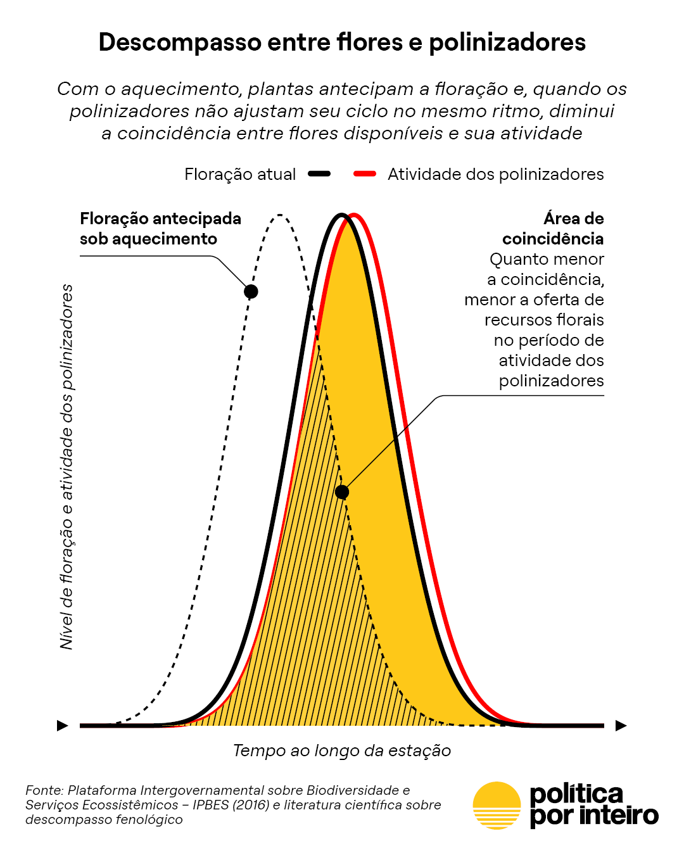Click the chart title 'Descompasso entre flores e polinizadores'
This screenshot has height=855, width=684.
[342, 42]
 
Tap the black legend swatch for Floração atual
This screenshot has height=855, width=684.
[319, 174]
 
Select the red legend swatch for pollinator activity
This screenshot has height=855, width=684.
[365, 174]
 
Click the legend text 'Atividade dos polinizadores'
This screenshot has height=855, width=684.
[495, 174]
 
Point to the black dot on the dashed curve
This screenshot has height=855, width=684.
[251, 291]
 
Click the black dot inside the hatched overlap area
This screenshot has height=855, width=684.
[342, 492]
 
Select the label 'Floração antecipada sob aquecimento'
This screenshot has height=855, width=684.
[160, 229]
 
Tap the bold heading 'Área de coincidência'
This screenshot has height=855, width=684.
[553, 229]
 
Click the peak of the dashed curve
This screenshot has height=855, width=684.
[280, 216]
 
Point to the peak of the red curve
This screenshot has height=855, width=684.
[353, 215]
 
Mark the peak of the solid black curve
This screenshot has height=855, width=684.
[341, 215]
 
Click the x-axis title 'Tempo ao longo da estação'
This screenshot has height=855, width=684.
[342, 750]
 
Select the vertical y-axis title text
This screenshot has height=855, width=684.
[66, 467]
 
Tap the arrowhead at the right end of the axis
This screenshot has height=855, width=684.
[621, 725]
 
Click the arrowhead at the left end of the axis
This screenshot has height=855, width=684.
[63, 725]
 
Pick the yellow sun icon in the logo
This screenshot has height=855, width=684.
[497, 805]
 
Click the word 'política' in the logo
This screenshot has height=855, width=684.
[576, 794]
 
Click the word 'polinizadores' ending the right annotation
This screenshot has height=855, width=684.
[551, 381]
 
